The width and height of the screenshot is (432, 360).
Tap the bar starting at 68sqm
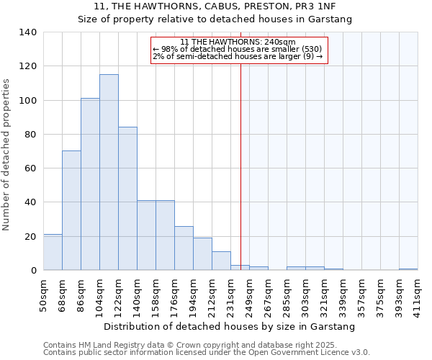click(x=71, y=210)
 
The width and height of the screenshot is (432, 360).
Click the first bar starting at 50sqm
click(x=53, y=252)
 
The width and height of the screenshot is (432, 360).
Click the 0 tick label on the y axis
click(x=33, y=271)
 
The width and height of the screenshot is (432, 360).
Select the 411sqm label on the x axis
click(x=418, y=295)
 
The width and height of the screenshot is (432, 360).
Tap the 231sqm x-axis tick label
click(x=231, y=295)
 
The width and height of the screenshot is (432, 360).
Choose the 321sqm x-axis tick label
click(x=325, y=295)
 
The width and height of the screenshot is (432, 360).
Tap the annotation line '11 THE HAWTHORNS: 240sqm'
click(x=238, y=42)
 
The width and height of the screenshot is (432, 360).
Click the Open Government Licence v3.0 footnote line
click(x=207, y=353)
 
